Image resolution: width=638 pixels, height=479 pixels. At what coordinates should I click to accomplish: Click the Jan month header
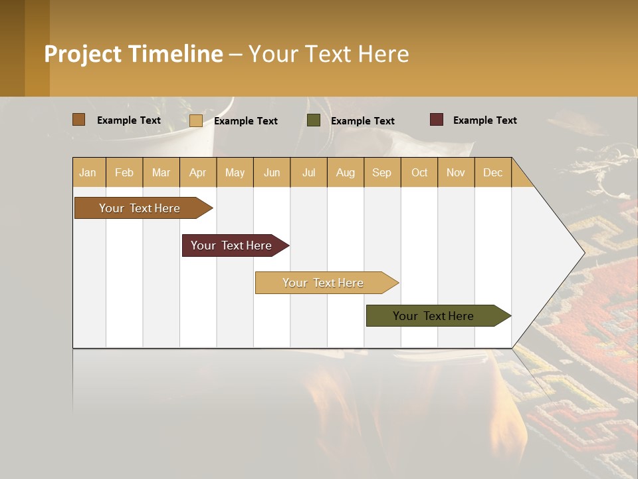click(x=88, y=172)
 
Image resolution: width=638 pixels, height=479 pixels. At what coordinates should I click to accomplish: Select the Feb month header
click(x=124, y=172)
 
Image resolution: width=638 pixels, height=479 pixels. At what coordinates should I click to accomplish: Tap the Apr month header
click(x=197, y=172)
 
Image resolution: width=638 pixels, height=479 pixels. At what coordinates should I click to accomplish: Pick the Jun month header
click(x=272, y=172)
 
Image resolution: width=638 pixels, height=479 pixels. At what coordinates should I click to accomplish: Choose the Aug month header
click(x=345, y=172)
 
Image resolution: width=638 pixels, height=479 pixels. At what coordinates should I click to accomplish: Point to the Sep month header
click(x=381, y=172)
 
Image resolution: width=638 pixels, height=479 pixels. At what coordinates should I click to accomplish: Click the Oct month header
click(x=419, y=172)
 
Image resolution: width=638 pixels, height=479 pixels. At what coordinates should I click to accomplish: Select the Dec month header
click(x=492, y=172)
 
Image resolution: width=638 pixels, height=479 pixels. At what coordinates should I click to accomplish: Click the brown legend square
click(x=79, y=120)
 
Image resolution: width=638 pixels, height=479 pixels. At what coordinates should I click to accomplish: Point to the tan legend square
click(x=196, y=120)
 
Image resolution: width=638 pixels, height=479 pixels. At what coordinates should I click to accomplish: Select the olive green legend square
click(x=314, y=120)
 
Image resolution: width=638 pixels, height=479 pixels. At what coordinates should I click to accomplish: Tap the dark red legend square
click(x=437, y=120)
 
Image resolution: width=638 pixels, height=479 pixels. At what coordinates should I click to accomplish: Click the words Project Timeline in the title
click(x=134, y=54)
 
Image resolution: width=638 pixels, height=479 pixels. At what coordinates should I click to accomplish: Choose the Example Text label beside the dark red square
click(x=484, y=120)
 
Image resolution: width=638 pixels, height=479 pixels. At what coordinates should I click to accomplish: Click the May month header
click(x=235, y=172)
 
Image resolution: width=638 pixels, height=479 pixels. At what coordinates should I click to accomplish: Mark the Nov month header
click(x=456, y=172)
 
